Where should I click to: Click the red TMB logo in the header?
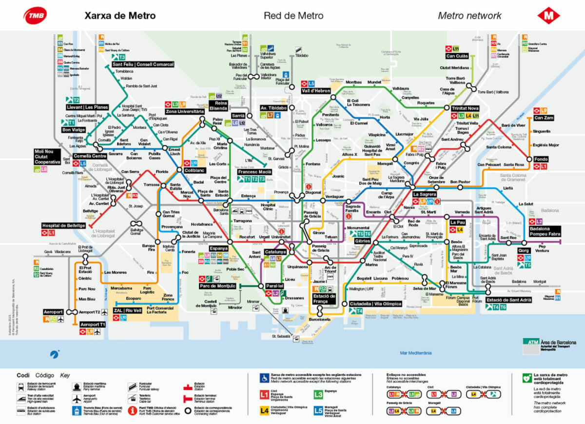(36, 15)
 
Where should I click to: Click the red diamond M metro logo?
(548, 15)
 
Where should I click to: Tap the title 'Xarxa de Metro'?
(120, 16)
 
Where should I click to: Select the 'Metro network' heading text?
(469, 16)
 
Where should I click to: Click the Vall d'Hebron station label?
(316, 91)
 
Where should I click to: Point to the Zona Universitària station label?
(184, 111)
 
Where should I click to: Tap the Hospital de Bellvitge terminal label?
(64, 225)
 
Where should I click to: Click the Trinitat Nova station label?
(465, 108)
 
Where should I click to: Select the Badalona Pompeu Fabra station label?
(546, 231)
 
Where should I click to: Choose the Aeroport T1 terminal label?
(93, 324)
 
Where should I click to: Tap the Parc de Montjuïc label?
(217, 286)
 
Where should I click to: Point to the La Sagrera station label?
(423, 194)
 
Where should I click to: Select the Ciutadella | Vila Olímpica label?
(376, 303)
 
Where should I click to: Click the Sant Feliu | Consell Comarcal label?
(143, 64)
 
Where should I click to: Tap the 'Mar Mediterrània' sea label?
(415, 353)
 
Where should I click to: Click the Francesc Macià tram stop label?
(254, 172)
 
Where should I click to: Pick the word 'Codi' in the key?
(23, 375)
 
